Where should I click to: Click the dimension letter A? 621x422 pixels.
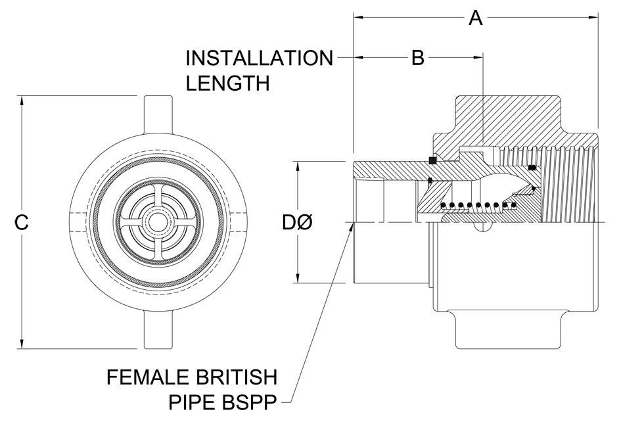coord(476,18)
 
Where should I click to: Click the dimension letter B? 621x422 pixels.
coord(417,57)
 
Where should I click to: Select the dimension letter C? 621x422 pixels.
coord(22,222)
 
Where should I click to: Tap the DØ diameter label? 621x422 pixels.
coord(297,222)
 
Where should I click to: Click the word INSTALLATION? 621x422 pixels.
coord(260,58)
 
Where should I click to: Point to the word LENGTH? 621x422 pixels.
coord(228,83)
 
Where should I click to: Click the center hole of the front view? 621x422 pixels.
coord(158,222)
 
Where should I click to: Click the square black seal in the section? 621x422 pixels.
coord(432,160)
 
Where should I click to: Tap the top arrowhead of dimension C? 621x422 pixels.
coord(22,101)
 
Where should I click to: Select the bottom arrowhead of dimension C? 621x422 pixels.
coord(22,344)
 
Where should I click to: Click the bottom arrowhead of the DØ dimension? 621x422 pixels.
coord(298,278)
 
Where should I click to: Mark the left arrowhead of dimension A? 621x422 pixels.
coord(359,17)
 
